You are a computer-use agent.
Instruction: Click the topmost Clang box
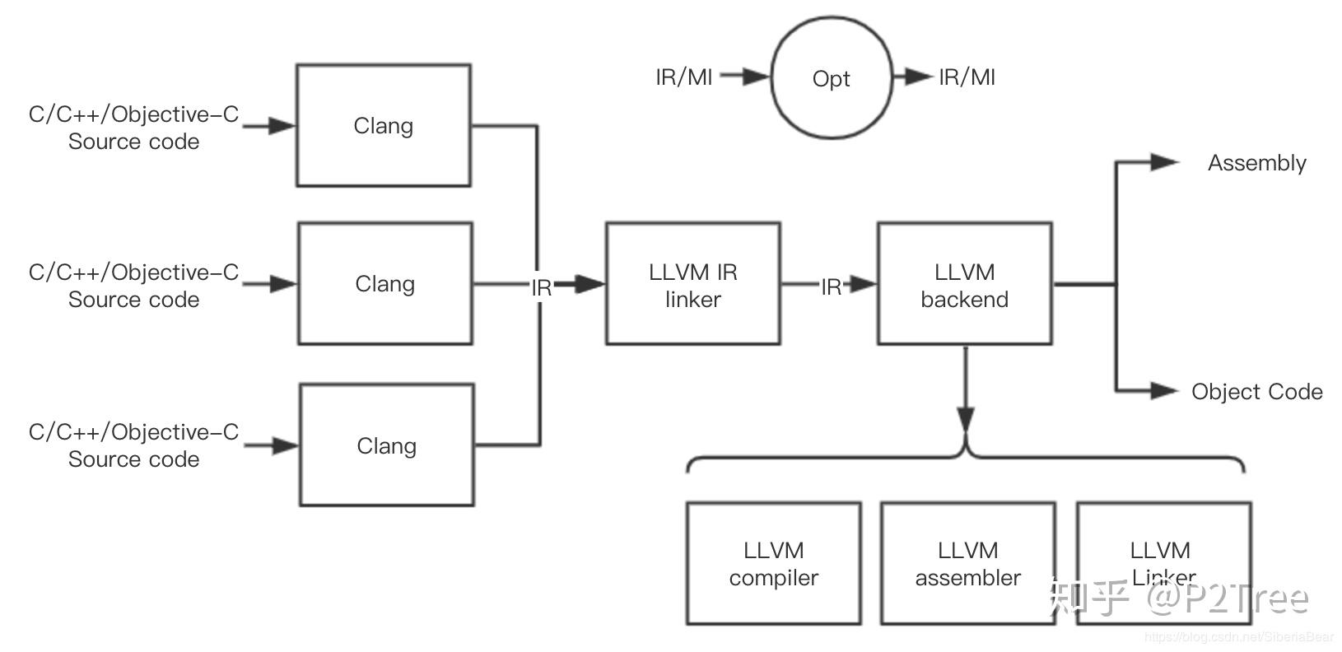pos(383,125)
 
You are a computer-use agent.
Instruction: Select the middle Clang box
pos(384,283)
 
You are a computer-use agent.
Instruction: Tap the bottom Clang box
pos(386,445)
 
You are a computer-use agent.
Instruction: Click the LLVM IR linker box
pos(692,283)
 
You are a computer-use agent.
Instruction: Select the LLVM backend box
pos(964,283)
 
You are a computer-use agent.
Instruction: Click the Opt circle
pos(831,78)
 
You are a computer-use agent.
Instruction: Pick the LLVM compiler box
pos(773,563)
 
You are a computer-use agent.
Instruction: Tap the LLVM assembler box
pos(967,563)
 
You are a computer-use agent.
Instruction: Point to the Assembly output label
pos(1256,163)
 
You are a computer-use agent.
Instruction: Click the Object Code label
pos(1256,392)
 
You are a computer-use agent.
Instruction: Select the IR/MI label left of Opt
pos(683,77)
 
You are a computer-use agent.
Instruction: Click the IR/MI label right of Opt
pos(967,77)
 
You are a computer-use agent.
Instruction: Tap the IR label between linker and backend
pos(831,286)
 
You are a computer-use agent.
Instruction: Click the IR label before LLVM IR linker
pos(541,288)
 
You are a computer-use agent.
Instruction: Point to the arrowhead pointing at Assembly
pos(1164,162)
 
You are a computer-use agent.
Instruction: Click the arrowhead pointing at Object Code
pos(1164,390)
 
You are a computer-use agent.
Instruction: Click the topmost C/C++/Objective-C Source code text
pos(133,128)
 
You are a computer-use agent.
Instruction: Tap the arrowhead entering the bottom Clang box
pos(285,446)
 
